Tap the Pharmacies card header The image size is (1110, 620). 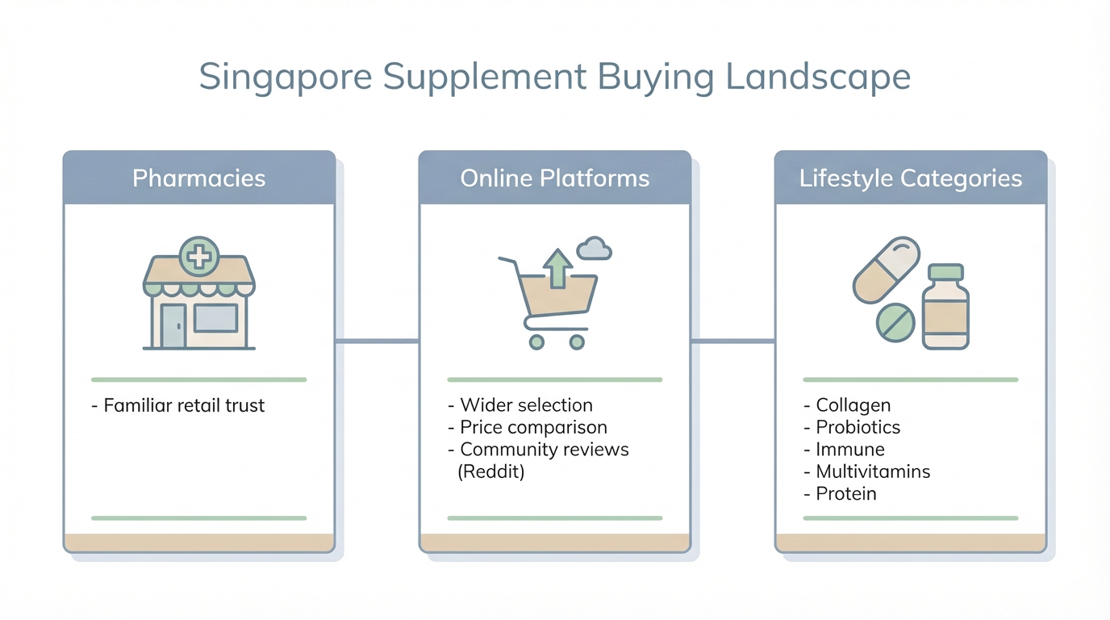pyautogui.click(x=198, y=178)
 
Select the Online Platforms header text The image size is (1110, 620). pyautogui.click(x=554, y=178)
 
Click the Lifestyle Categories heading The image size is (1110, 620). pyautogui.click(x=910, y=178)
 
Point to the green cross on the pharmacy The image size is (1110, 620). pyautogui.click(x=199, y=258)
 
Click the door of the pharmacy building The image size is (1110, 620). pyautogui.click(x=173, y=326)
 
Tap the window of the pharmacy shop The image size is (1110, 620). pyautogui.click(x=215, y=318)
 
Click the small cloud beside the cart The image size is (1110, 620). pyautogui.click(x=594, y=249)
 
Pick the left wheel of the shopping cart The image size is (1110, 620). pyautogui.click(x=536, y=342)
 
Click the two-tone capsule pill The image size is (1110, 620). pyautogui.click(x=887, y=270)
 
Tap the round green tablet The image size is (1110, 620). pyautogui.click(x=895, y=323)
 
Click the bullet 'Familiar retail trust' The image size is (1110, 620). pyautogui.click(x=178, y=405)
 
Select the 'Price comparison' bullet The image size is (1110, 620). pyautogui.click(x=528, y=427)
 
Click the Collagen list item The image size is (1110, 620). pyautogui.click(x=848, y=405)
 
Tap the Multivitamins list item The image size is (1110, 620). pyautogui.click(x=867, y=471)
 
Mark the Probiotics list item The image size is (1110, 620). pyautogui.click(x=853, y=427)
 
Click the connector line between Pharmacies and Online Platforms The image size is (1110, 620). pyautogui.click(x=377, y=341)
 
